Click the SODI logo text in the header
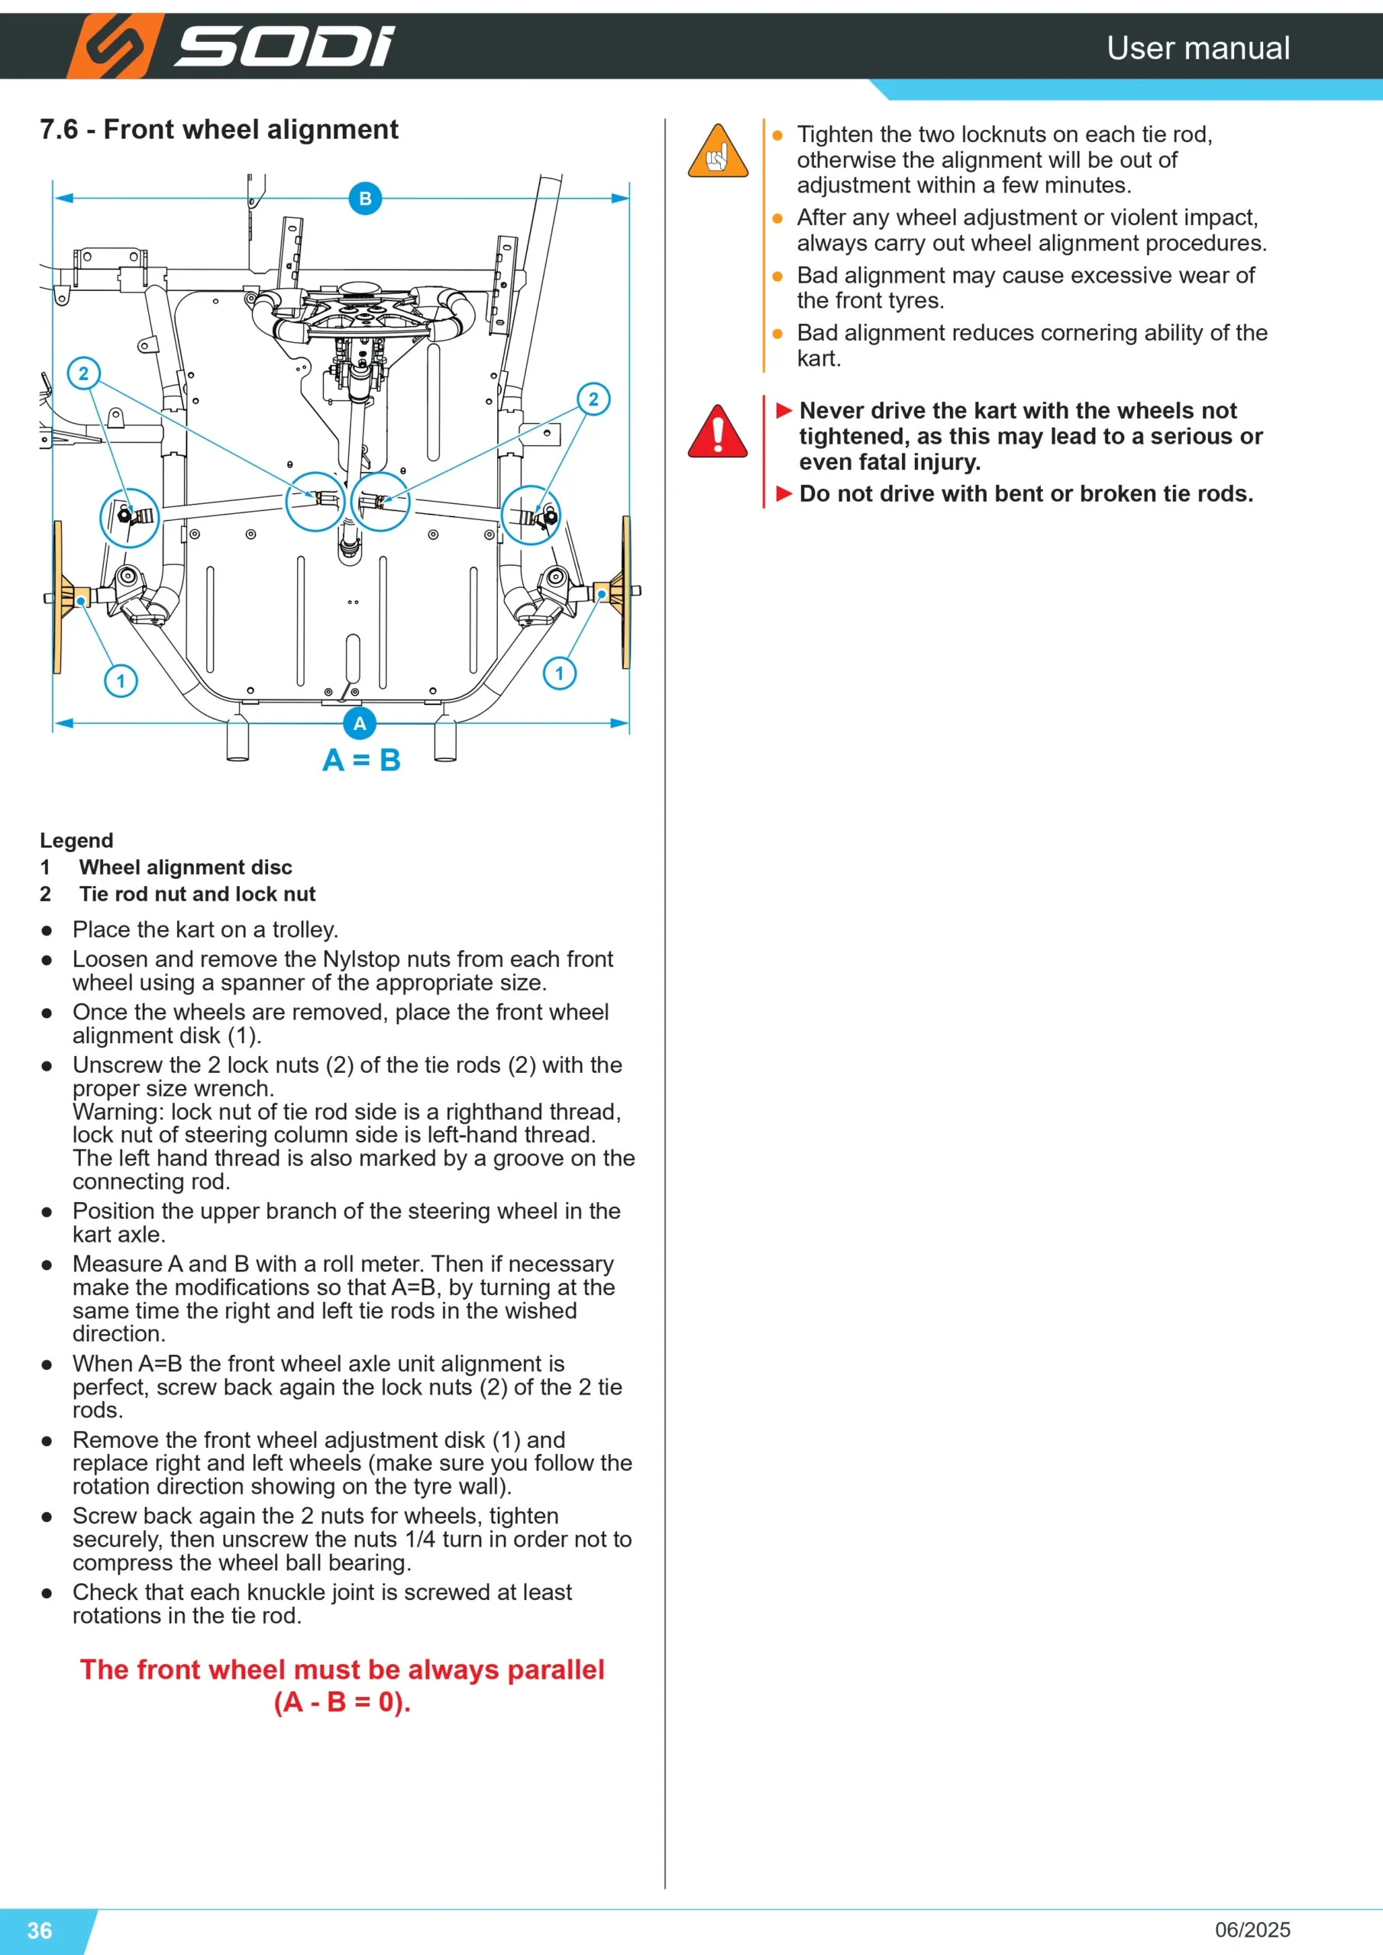284,47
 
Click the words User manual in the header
1198,47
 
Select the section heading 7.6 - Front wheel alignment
219,129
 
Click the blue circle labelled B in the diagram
365,199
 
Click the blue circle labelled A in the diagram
360,724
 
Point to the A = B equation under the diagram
361,760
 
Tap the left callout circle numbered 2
83,373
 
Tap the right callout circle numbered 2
593,399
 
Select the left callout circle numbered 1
121,681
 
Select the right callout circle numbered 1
560,674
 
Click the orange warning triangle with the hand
718,150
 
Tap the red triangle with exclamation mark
718,431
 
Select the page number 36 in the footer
40,1930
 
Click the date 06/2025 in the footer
1252,1930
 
